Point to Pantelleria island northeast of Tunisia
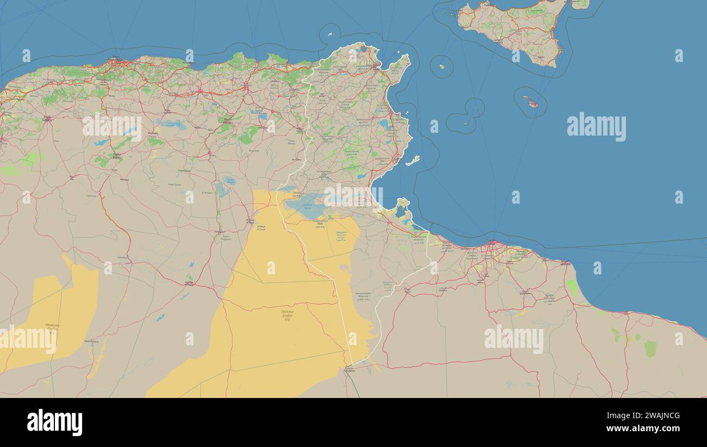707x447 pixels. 442,66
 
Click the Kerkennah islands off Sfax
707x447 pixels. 413,160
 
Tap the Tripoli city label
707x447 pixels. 492,241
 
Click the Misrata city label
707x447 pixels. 565,263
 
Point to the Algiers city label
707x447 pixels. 116,58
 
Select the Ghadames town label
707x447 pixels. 350,370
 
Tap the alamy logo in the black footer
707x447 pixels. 54,422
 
